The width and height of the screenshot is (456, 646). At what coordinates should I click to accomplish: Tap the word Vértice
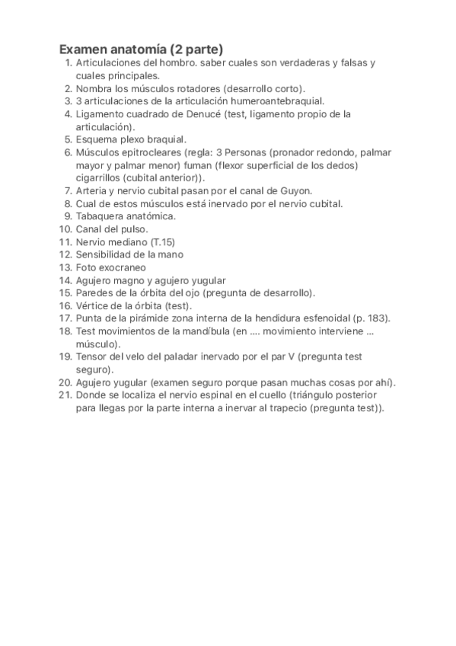[x=94, y=305]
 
